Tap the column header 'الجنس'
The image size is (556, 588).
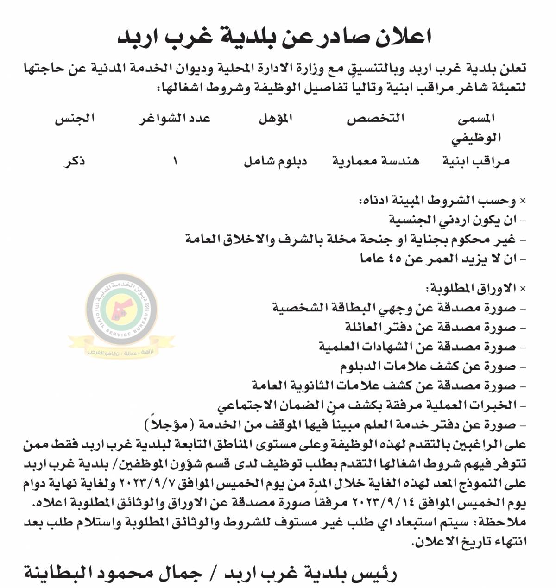click(x=75, y=119)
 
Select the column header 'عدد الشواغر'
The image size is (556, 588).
click(x=175, y=119)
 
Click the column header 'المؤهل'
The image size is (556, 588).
click(x=276, y=119)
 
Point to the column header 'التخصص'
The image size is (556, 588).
click(x=376, y=119)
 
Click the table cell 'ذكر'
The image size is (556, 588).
click(x=75, y=161)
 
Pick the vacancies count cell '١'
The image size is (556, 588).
click(x=175, y=161)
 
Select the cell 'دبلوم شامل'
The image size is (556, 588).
click(x=276, y=161)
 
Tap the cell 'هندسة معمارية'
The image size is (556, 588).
click(x=376, y=161)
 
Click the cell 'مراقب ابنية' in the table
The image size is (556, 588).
click(x=476, y=161)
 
